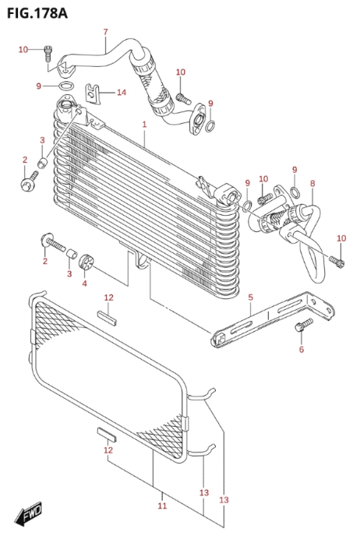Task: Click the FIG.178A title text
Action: click(37, 13)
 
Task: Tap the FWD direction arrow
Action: click(28, 514)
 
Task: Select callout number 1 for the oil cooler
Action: click(144, 124)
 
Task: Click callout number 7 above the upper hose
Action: click(105, 32)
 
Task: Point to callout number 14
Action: click(122, 92)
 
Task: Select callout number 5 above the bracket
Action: click(250, 297)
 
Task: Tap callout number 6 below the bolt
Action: click(302, 349)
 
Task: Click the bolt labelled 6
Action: click(304, 325)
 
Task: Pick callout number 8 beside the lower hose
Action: click(312, 183)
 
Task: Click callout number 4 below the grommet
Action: click(85, 283)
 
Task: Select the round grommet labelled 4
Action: click(86, 263)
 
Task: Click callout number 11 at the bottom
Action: click(162, 506)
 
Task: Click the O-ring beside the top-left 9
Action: click(66, 86)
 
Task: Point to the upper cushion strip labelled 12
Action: click(107, 318)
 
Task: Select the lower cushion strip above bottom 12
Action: click(107, 435)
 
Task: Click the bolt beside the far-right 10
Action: click(337, 261)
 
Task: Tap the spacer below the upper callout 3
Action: click(42, 163)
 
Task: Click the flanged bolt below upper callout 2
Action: click(30, 181)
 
